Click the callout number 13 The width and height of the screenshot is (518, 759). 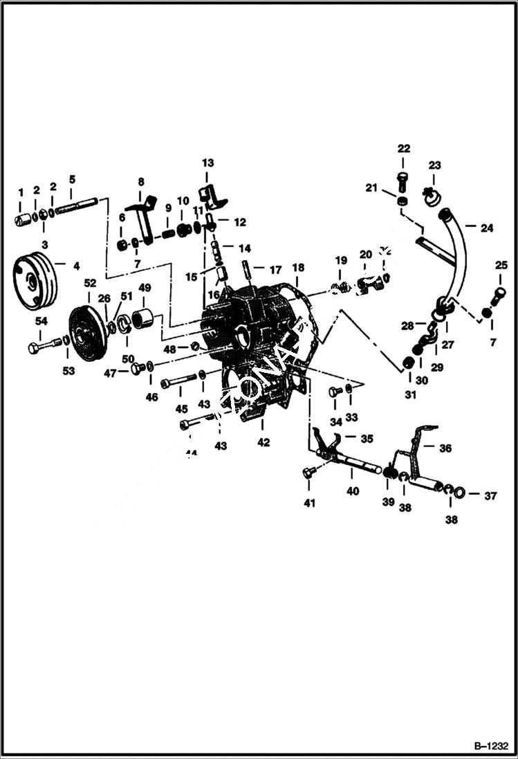tap(208, 163)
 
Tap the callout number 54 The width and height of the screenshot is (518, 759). tap(41, 322)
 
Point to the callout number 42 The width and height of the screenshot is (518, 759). tap(263, 442)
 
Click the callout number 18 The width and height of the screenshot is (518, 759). tap(298, 268)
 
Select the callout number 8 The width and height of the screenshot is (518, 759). tap(141, 182)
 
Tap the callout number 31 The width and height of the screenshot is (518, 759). tap(411, 395)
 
